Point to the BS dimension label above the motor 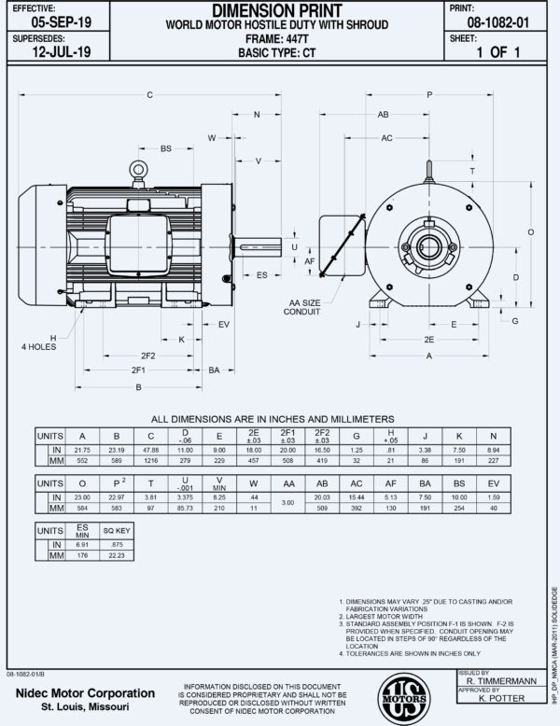point(166,148)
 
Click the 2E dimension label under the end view point(428,340)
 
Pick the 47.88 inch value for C point(150,449)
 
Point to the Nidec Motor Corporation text point(84,694)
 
